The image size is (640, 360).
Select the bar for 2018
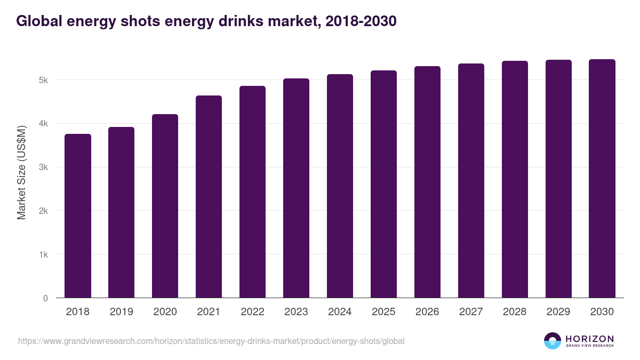point(78,216)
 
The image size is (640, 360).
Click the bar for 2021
point(209,197)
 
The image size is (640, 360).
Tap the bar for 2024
point(340,186)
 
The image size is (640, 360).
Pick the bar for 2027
point(471,181)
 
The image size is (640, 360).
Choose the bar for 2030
point(602,179)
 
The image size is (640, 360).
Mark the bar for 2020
point(165,206)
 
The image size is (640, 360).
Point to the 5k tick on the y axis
point(43,80)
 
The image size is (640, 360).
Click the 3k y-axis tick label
point(43,167)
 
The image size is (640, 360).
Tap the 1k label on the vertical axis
point(43,254)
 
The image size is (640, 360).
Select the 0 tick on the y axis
point(45,298)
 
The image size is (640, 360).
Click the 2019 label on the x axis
point(122,312)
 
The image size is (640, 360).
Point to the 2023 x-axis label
point(296,312)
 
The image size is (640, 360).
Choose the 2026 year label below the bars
point(427,312)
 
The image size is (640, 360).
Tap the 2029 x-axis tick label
point(558,312)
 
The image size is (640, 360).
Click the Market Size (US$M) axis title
point(21,172)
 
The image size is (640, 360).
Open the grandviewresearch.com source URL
point(211,341)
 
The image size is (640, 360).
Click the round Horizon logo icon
point(553,341)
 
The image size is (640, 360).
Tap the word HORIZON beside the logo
point(589,339)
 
